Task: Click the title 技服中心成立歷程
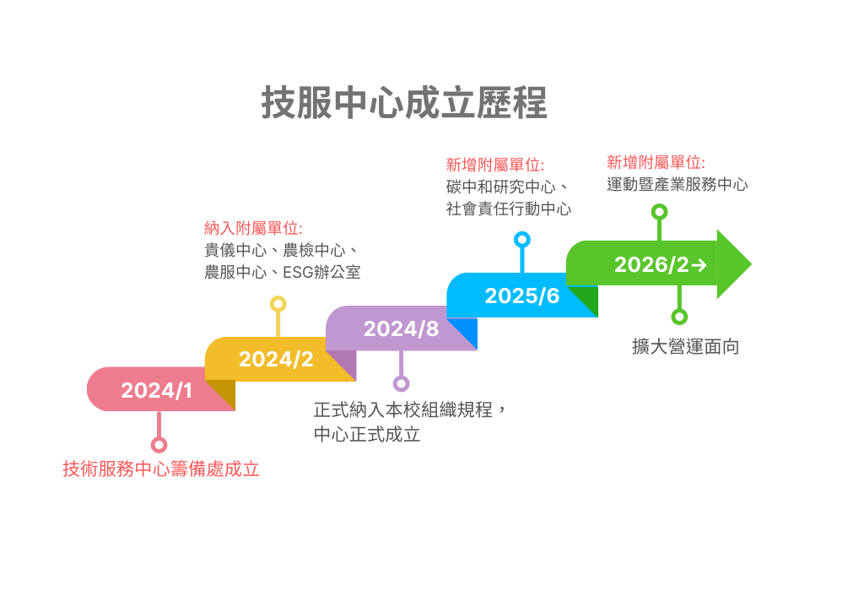(x=404, y=103)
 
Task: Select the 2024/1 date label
(x=157, y=390)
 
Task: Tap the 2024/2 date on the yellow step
(x=276, y=359)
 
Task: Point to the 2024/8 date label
(x=401, y=328)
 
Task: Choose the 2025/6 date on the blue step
(x=521, y=295)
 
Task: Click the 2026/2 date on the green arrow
(x=651, y=264)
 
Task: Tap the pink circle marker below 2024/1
(x=159, y=445)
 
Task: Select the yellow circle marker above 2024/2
(x=278, y=304)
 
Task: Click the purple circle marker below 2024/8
(x=401, y=383)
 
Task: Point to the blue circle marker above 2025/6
(x=521, y=240)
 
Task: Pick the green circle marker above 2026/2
(x=659, y=212)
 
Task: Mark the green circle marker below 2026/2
(x=679, y=317)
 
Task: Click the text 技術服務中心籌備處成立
(x=161, y=469)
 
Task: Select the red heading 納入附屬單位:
(x=253, y=228)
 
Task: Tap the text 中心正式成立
(x=367, y=435)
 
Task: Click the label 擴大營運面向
(x=685, y=347)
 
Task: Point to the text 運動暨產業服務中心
(x=677, y=184)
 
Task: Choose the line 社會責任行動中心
(x=508, y=209)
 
